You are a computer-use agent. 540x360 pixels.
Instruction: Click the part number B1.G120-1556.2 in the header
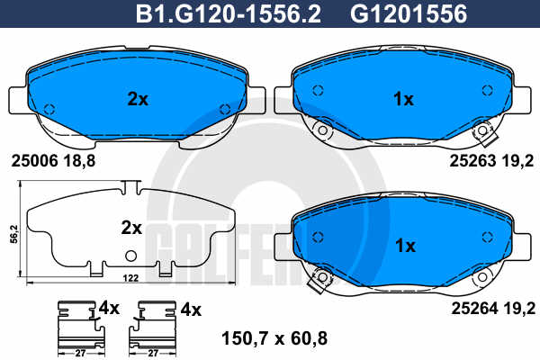[x=229, y=13]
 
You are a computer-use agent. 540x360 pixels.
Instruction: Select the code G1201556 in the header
[x=409, y=13]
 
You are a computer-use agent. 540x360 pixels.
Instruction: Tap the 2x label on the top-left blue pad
[x=138, y=100]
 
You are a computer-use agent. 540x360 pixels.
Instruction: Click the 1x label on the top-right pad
[x=403, y=100]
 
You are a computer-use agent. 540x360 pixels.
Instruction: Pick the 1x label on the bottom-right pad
[x=405, y=246]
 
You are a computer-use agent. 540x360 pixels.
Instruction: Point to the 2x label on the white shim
[x=131, y=228]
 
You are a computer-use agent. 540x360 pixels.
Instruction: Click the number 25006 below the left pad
[x=34, y=161]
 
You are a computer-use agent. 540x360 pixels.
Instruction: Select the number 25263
[x=472, y=161]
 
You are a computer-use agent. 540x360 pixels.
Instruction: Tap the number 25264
[x=474, y=309]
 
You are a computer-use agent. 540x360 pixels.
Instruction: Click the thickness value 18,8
[x=79, y=161]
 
